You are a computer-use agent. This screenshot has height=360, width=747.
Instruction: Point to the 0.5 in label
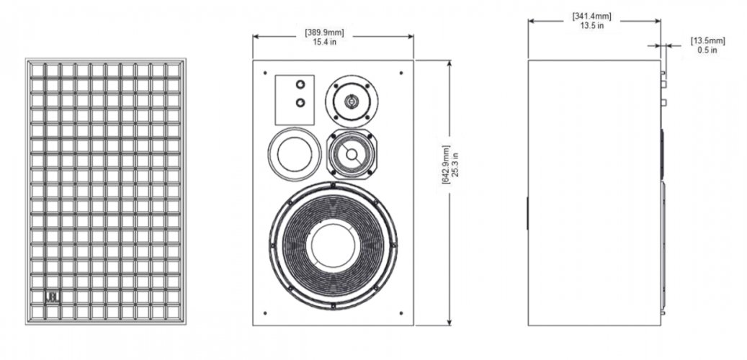click(707, 50)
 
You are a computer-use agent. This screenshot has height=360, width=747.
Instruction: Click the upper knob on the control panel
click(300, 86)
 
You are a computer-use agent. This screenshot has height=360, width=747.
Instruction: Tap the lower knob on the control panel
click(300, 103)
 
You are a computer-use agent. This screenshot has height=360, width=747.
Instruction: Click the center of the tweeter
click(351, 101)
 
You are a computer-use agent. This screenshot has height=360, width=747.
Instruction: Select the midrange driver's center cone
click(350, 153)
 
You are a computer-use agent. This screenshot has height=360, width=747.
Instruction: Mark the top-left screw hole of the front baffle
click(265, 73)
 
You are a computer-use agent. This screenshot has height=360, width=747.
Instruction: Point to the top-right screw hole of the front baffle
click(401, 72)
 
